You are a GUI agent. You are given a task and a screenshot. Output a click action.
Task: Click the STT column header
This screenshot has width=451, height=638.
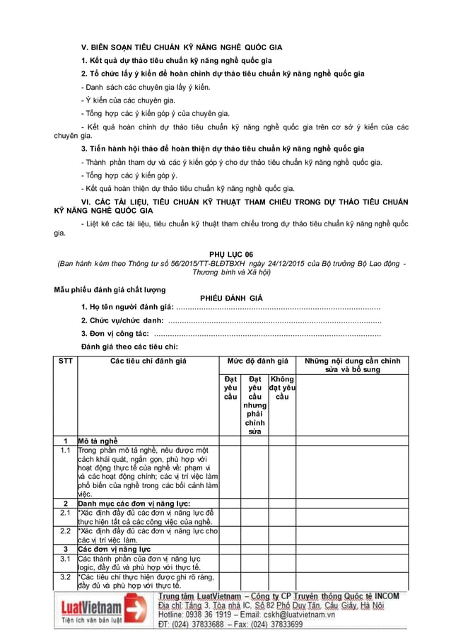click(66, 361)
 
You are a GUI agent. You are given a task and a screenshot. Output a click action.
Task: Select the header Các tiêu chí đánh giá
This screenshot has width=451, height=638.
click(148, 361)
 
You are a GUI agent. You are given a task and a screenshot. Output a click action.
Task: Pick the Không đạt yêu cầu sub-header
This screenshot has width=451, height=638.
click(282, 388)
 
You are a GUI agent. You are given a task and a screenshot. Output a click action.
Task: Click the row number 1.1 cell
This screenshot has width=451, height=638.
click(66, 450)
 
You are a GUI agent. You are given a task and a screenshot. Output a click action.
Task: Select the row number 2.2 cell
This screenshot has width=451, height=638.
click(66, 530)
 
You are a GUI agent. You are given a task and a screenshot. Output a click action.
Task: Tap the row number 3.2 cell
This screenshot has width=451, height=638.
click(66, 577)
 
